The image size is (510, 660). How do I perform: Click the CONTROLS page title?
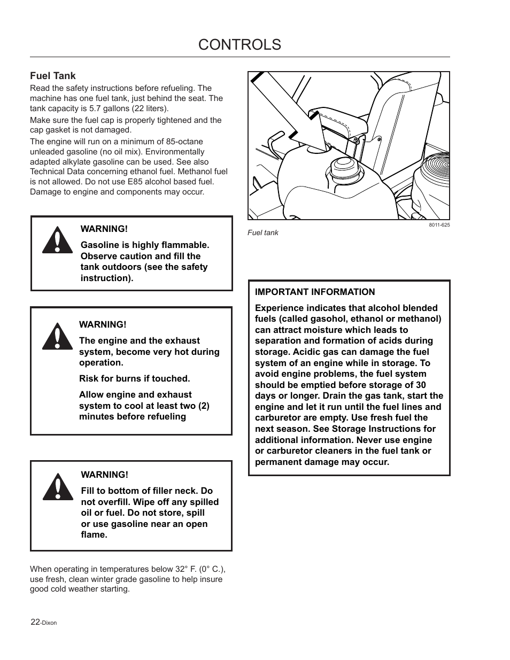click(x=239, y=44)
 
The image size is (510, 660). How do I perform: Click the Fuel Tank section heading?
click(x=53, y=76)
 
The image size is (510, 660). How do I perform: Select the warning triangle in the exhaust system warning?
click(x=57, y=336)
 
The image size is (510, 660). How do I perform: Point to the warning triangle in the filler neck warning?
click(x=58, y=487)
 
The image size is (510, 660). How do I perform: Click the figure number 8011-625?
click(x=439, y=225)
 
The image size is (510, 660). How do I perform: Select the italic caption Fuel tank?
click(x=262, y=233)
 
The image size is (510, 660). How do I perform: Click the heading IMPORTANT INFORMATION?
click(x=315, y=292)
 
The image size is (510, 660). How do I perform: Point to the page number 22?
click(x=35, y=622)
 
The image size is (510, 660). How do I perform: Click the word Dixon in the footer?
click(x=49, y=623)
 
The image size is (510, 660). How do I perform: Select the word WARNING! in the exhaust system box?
click(x=103, y=324)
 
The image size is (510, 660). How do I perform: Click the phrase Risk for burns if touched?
click(x=134, y=378)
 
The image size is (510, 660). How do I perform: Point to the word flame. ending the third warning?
click(x=94, y=534)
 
